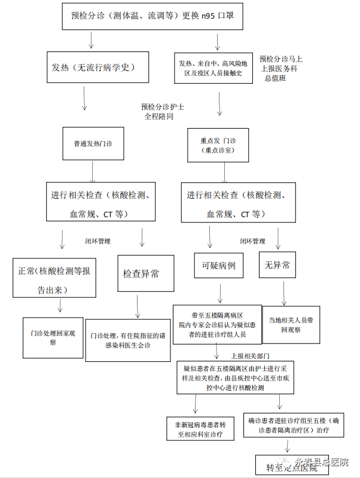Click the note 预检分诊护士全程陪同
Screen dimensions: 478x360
(x=162, y=111)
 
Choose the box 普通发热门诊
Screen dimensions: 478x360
(x=93, y=144)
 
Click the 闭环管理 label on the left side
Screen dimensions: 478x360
(x=97, y=241)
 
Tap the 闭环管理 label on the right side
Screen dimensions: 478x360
(x=252, y=241)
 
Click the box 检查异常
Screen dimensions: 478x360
(x=141, y=274)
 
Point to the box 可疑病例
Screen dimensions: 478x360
(x=218, y=265)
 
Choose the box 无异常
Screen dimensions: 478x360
(x=277, y=265)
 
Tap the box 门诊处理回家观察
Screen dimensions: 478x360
(x=53, y=337)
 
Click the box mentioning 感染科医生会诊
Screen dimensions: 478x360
(x=128, y=340)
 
